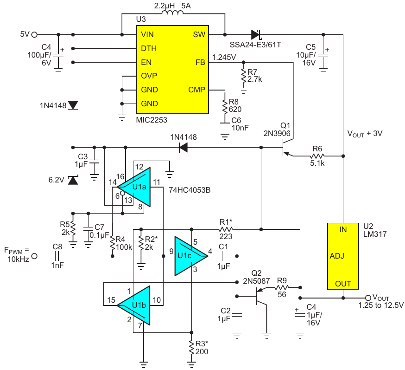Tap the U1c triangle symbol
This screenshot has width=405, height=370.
coord(188,256)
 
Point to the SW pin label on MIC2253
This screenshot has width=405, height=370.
coord(199,35)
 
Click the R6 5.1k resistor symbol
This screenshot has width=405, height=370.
coord(317,156)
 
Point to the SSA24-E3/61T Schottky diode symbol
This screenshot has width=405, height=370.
coord(255,34)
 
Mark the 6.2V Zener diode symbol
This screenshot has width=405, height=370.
coord(73,180)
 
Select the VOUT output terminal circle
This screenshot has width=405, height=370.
coord(368,298)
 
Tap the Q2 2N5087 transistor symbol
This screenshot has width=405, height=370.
coord(258,297)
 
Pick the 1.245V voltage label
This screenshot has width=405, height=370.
coord(224,58)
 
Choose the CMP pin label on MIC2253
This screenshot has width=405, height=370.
coord(196,90)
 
